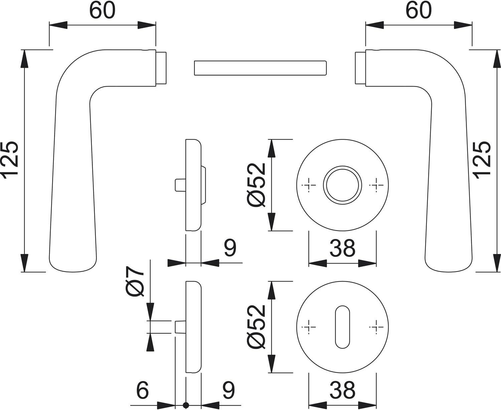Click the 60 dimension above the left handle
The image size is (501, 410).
(x=102, y=11)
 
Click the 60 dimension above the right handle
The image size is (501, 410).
(x=419, y=11)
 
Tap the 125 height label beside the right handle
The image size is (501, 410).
(x=482, y=159)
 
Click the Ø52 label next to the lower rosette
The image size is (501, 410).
(x=256, y=327)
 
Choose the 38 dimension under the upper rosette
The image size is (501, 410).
(x=342, y=248)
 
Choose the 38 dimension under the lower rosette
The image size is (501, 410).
(x=342, y=390)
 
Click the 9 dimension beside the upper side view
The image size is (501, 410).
(x=230, y=248)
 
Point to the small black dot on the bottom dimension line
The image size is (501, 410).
(x=186, y=406)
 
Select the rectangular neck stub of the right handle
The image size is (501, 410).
(x=360, y=68)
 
